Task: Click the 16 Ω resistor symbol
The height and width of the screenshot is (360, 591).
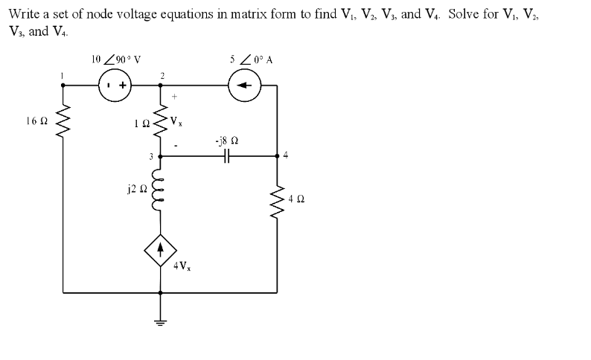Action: tap(63, 120)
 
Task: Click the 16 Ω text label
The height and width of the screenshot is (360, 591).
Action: tap(34, 119)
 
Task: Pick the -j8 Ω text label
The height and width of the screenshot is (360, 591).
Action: tap(227, 139)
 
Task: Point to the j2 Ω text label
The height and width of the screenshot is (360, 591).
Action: tap(133, 189)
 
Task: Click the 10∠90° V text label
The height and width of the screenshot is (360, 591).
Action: tap(113, 60)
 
